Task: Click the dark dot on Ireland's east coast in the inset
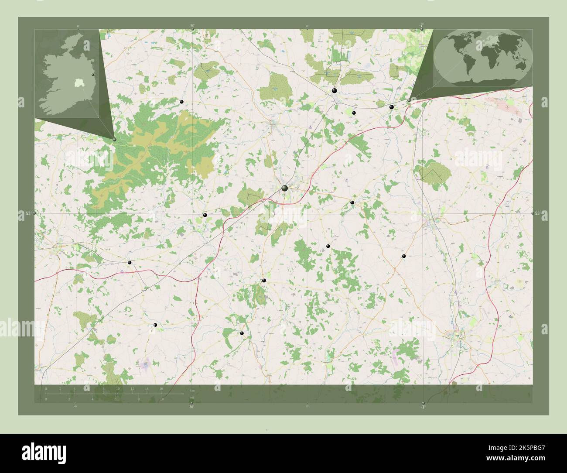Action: pos(93,75)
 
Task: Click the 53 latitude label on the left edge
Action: pos(28,213)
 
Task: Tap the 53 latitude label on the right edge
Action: pos(538,213)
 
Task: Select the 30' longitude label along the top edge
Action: pos(192,26)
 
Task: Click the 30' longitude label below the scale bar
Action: pos(191,407)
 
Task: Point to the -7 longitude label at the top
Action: pos(422,26)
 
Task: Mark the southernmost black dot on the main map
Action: pos(242,333)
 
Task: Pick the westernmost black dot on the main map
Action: pos(130,263)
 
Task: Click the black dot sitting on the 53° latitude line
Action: pos(205,215)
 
